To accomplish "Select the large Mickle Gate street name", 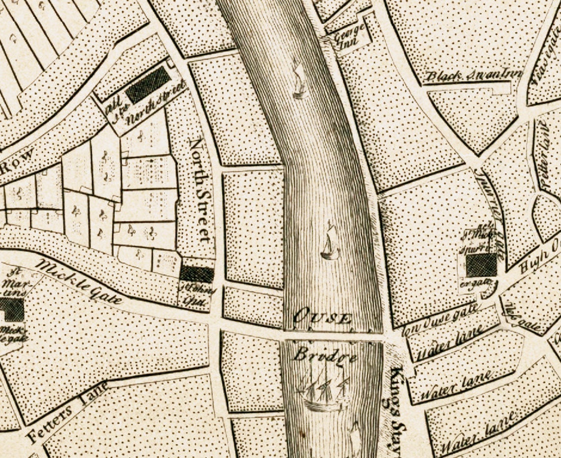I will pyautogui.click(x=79, y=281).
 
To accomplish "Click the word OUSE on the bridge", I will pyautogui.click(x=322, y=318).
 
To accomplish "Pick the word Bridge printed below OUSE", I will pyautogui.click(x=325, y=355).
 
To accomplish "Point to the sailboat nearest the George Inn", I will pyautogui.click(x=299, y=79).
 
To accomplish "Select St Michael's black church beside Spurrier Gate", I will pyautogui.click(x=481, y=265).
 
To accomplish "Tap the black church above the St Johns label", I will pyautogui.click(x=197, y=274).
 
